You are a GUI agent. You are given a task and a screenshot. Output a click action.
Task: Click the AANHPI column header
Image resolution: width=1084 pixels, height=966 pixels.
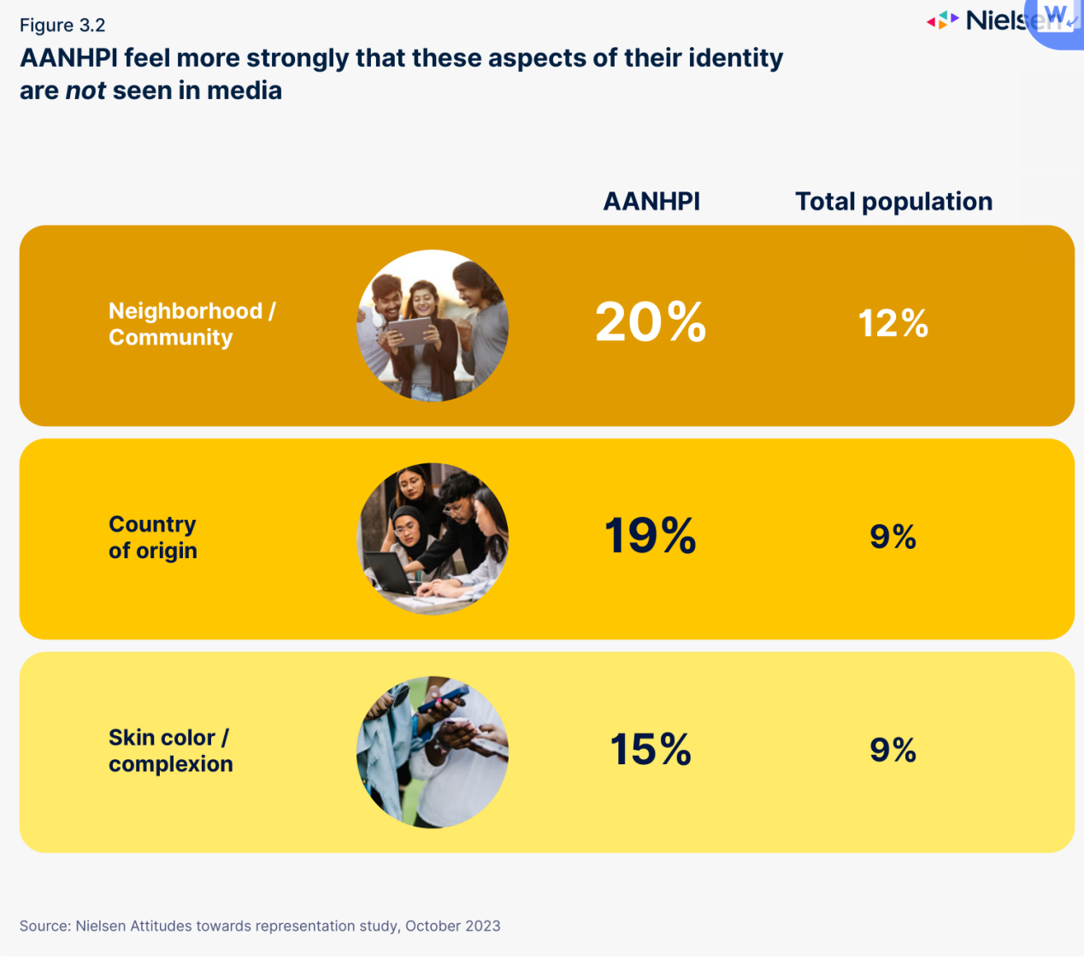[x=651, y=202]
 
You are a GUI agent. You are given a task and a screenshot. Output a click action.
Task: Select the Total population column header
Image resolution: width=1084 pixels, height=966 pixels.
[x=893, y=202]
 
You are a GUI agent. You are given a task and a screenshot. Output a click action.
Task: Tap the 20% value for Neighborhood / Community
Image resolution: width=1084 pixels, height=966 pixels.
[x=651, y=322]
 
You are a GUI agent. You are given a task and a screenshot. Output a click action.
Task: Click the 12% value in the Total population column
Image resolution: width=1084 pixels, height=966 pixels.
[x=893, y=323]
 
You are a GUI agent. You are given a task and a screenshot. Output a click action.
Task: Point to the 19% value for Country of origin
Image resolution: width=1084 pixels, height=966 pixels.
[x=651, y=536]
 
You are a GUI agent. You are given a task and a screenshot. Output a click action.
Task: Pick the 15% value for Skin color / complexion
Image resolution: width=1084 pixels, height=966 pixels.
[x=651, y=750]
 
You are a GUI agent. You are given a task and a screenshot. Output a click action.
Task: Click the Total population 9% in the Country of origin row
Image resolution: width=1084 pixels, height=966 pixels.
[x=893, y=537]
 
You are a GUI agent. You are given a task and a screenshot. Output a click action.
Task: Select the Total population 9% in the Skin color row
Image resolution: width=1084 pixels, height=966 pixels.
[x=893, y=750]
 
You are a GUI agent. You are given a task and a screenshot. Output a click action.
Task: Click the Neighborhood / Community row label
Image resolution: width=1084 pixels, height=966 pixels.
[x=191, y=324]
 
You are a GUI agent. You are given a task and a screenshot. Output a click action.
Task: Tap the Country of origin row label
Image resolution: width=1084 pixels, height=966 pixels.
[x=153, y=537]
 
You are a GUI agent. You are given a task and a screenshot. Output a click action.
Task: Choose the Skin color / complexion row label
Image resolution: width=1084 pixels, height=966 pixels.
[x=170, y=750]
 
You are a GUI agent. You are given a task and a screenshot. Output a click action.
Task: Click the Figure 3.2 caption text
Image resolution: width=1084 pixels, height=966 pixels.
[x=62, y=25]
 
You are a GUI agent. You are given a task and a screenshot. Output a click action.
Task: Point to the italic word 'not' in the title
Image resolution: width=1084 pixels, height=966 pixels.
[x=86, y=91]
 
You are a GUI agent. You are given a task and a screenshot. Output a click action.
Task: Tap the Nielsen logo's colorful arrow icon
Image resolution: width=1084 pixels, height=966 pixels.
[x=942, y=21]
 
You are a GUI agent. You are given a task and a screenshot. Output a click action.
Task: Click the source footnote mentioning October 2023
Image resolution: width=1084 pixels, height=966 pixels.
[x=260, y=926]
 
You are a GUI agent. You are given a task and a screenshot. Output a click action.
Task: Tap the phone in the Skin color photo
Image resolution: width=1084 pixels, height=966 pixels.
[x=444, y=698]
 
